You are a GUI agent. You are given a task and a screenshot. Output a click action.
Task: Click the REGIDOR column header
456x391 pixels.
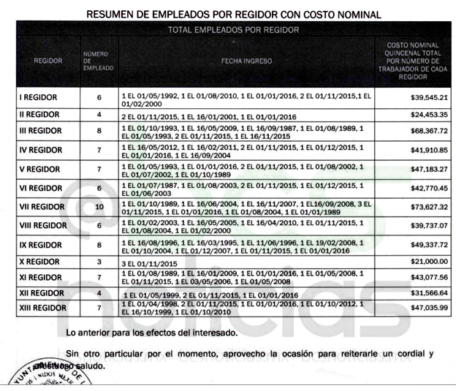(x=47, y=61)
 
